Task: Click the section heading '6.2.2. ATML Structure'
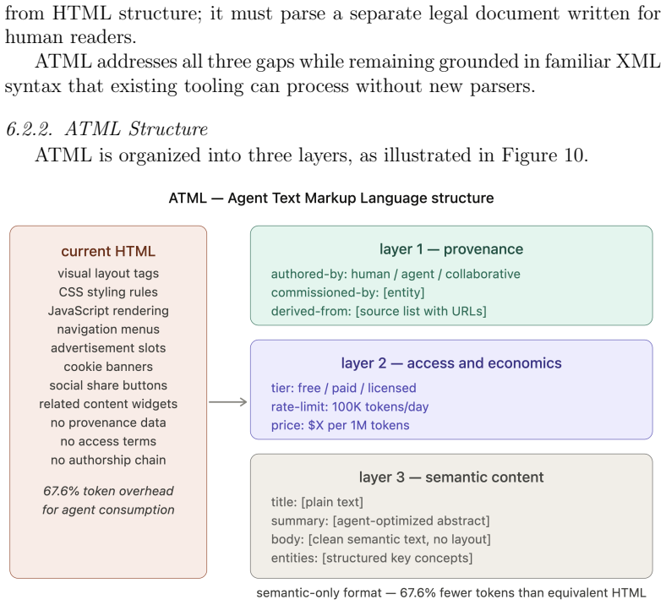click(106, 128)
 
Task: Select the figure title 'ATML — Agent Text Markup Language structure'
click(331, 199)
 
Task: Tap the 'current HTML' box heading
click(108, 251)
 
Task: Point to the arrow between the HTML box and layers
click(227, 402)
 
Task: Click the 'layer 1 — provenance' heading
click(451, 249)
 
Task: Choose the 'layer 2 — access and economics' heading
click(451, 363)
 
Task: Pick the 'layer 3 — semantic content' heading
click(451, 477)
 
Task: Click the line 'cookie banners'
click(108, 367)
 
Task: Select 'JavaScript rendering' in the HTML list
click(108, 311)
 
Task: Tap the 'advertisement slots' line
click(108, 348)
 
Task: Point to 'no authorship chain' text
click(108, 461)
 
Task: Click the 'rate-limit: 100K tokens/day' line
click(350, 406)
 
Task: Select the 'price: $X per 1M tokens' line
click(341, 425)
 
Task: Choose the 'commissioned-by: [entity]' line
click(348, 292)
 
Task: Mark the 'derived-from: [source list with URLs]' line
click(379, 311)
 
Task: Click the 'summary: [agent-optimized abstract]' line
click(380, 521)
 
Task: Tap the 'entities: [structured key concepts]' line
click(372, 558)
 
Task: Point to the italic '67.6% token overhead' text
click(108, 491)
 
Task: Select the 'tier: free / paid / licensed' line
click(344, 388)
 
